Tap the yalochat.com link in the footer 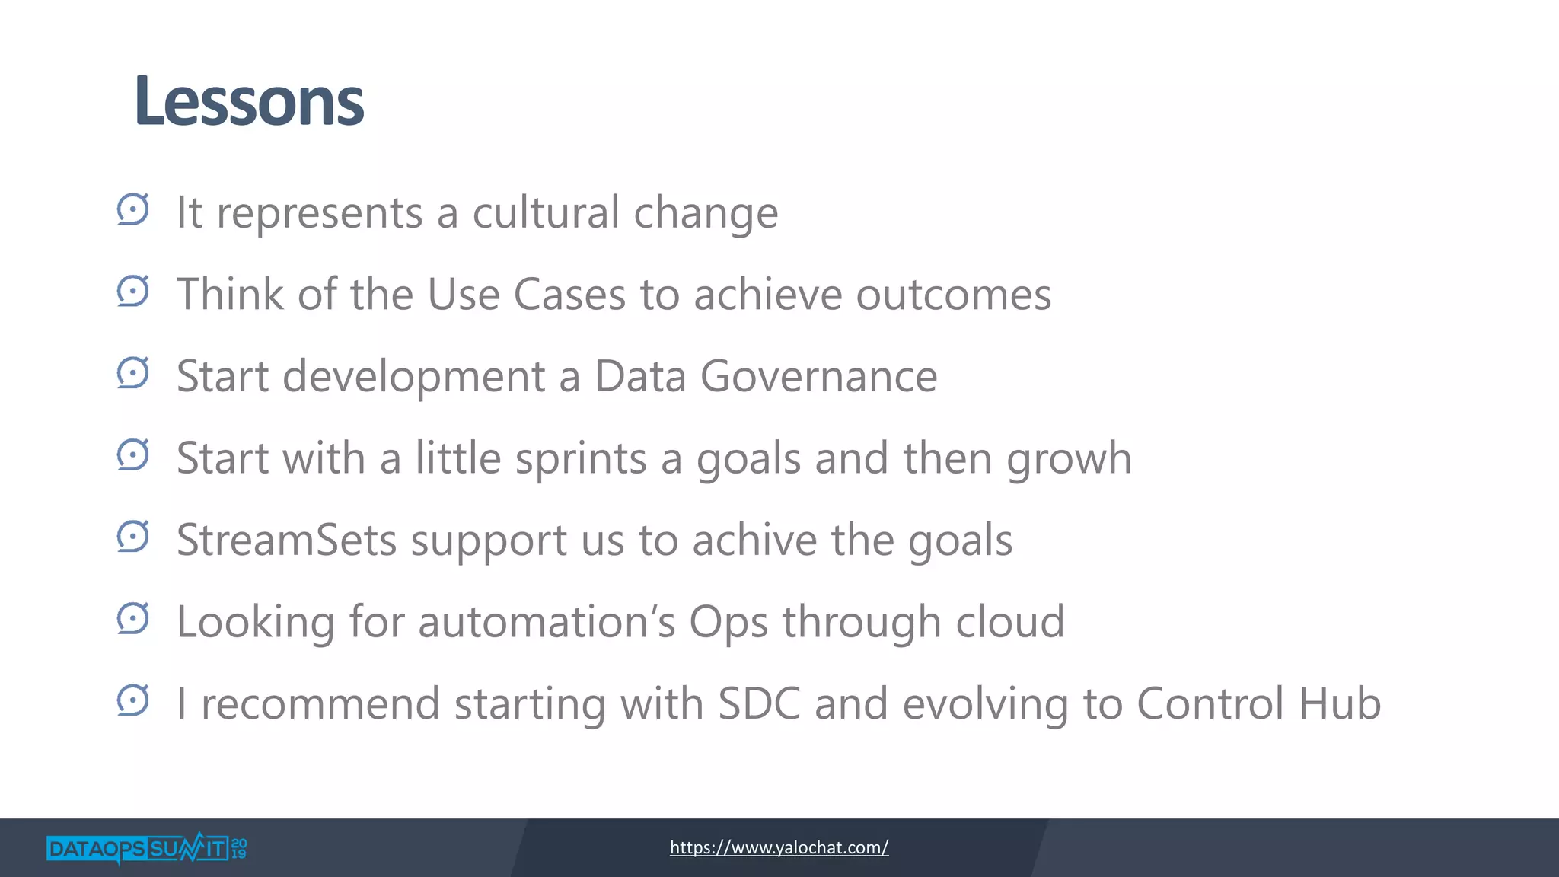click(x=779, y=847)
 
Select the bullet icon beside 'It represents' click(x=133, y=209)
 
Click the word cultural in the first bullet click(x=546, y=212)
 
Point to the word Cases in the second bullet click(x=569, y=295)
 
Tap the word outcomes click(x=953, y=295)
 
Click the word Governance click(x=818, y=377)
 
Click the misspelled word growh click(x=1069, y=459)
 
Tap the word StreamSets click(x=287, y=541)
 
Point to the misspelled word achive click(x=754, y=541)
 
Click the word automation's click(x=546, y=622)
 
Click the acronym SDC click(x=759, y=703)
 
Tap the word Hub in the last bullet click(x=1339, y=703)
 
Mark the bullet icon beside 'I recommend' click(x=133, y=700)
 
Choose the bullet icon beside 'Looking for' click(x=133, y=619)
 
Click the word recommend click(x=320, y=704)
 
